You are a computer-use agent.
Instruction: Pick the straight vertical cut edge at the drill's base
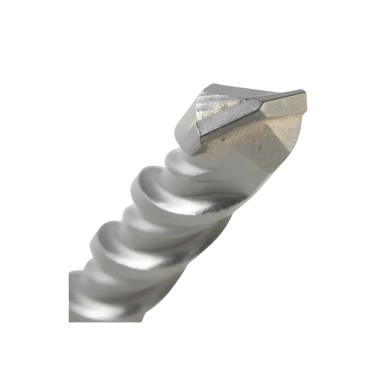click(x=69, y=294)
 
